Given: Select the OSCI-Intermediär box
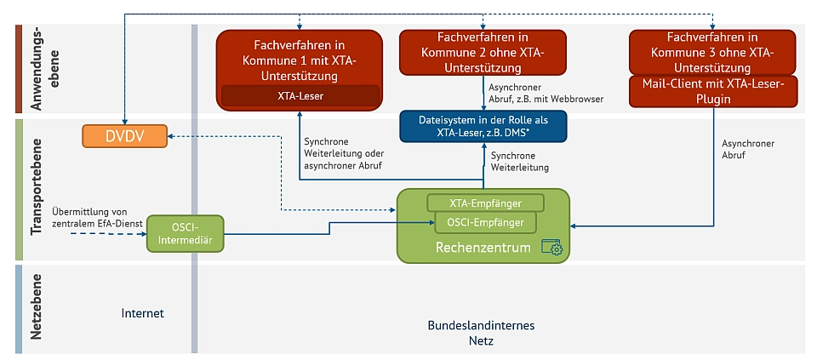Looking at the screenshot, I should click(x=185, y=232).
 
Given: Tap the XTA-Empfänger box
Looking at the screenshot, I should click(x=485, y=203).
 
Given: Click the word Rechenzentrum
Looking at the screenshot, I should click(x=483, y=248).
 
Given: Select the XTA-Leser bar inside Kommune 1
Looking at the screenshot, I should click(x=300, y=95).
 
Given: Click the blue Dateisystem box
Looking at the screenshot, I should click(x=483, y=127).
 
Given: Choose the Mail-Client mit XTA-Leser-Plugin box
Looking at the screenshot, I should click(x=713, y=91).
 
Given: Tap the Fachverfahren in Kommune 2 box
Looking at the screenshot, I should click(x=483, y=52).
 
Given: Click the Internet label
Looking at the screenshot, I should click(x=142, y=313).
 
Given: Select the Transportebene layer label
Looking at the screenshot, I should click(x=37, y=189).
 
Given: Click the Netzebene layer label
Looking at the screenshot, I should click(x=37, y=308).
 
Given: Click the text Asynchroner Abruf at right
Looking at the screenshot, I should click(x=748, y=150).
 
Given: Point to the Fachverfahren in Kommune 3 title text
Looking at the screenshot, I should click(x=713, y=52).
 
